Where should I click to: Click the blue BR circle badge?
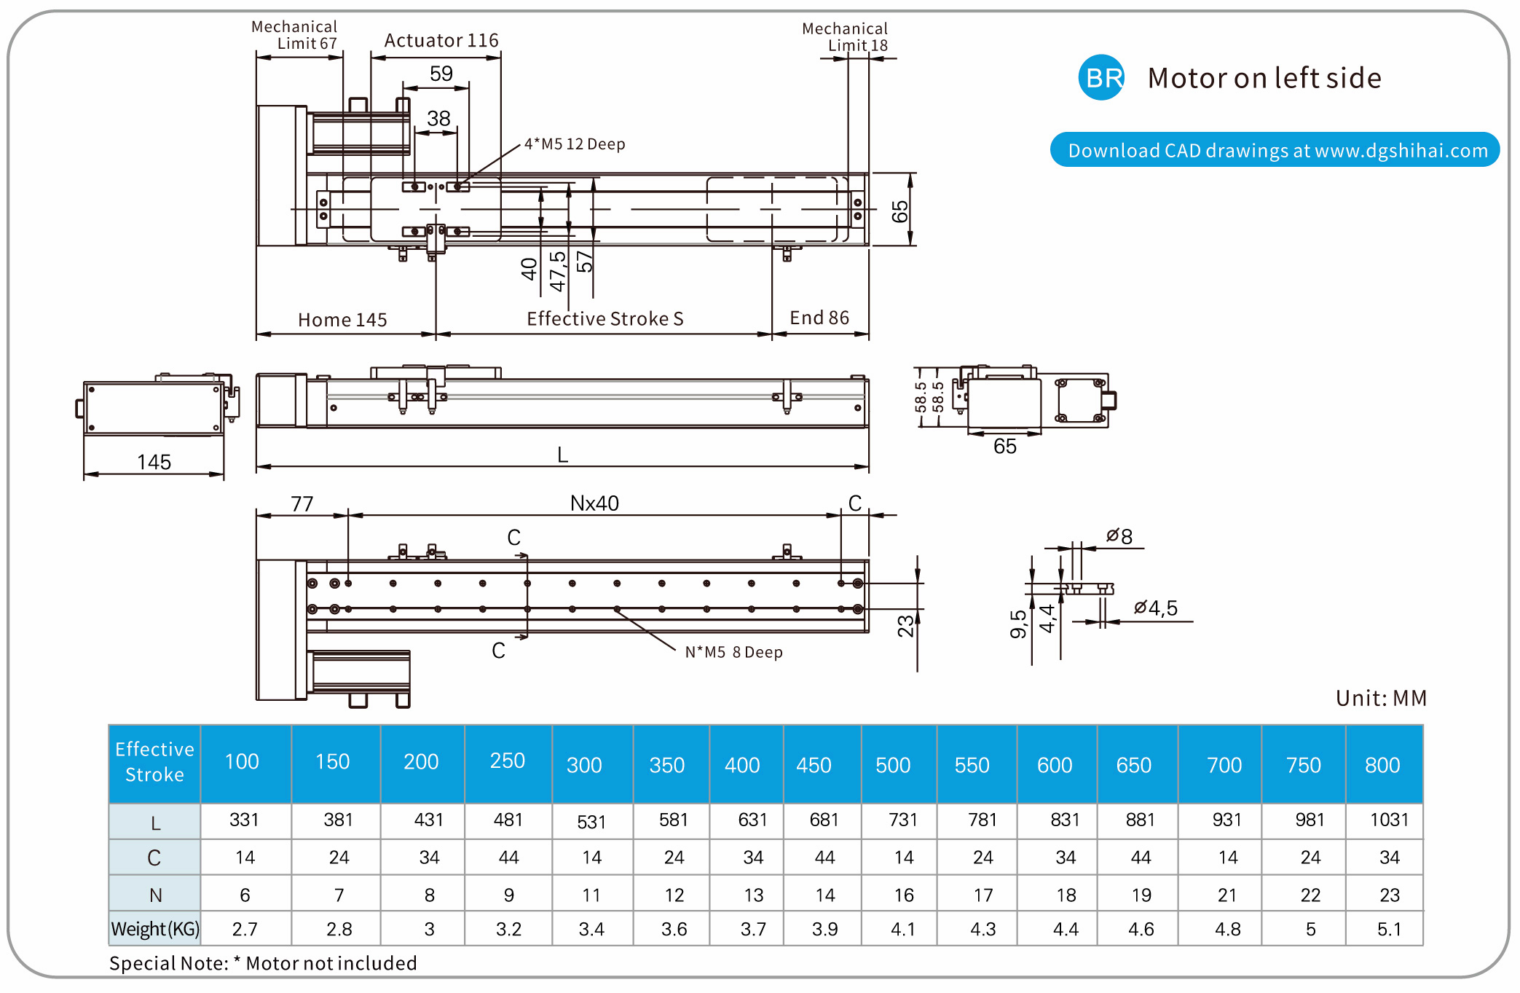coord(1100,77)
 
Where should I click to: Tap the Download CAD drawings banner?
coord(1275,150)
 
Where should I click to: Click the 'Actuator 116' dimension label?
coord(441,41)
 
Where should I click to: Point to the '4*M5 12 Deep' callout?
coord(575,144)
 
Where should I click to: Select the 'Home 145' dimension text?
coord(342,320)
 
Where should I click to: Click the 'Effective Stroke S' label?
coord(605,319)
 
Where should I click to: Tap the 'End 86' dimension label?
coord(819,318)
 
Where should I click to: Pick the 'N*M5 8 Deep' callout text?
coord(733,653)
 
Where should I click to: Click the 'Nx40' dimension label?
coord(594,503)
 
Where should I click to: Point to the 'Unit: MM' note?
coord(1381,698)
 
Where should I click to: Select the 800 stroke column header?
coord(1382,765)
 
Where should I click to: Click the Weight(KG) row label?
coord(155,929)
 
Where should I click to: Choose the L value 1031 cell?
coord(1389,820)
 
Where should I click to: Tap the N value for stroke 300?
coord(591,895)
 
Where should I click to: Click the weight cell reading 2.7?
coord(245,929)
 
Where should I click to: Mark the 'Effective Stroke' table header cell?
coord(154,762)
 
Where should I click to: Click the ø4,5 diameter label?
coord(1156,608)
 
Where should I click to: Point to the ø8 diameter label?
coord(1119,537)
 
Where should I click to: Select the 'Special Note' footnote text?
coord(263,963)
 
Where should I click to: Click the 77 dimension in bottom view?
coord(302,503)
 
